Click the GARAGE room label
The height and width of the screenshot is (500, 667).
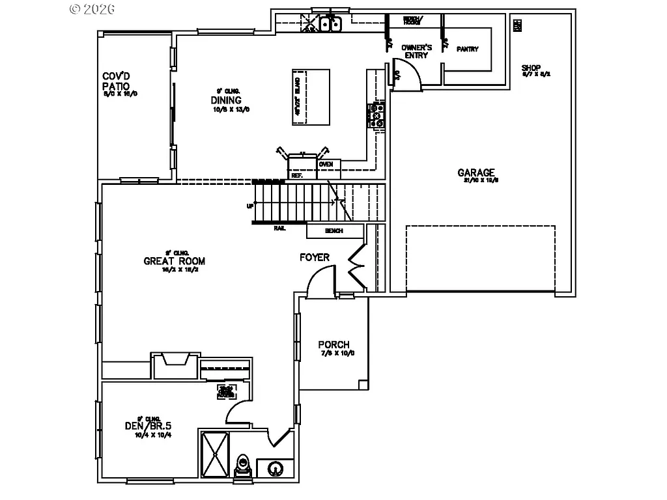click(475, 173)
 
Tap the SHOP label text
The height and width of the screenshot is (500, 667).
click(532, 68)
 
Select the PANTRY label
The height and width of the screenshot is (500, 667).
click(467, 49)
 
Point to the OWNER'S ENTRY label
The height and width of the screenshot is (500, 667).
click(416, 51)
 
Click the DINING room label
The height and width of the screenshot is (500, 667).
click(226, 100)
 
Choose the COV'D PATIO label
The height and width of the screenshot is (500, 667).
click(116, 81)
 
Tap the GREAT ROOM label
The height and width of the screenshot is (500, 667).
click(174, 262)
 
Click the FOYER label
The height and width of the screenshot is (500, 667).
click(314, 258)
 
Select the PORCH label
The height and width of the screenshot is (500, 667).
click(333, 345)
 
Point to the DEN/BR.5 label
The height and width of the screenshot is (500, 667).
click(148, 426)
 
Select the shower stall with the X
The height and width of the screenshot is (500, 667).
click(213, 456)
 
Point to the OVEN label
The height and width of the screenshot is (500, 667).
click(326, 164)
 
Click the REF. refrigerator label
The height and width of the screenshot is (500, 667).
click(297, 175)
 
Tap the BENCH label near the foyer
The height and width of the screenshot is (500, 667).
click(335, 230)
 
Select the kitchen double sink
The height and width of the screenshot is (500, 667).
click(332, 25)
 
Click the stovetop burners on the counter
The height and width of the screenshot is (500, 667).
click(376, 115)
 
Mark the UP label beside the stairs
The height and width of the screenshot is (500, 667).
click(249, 206)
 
